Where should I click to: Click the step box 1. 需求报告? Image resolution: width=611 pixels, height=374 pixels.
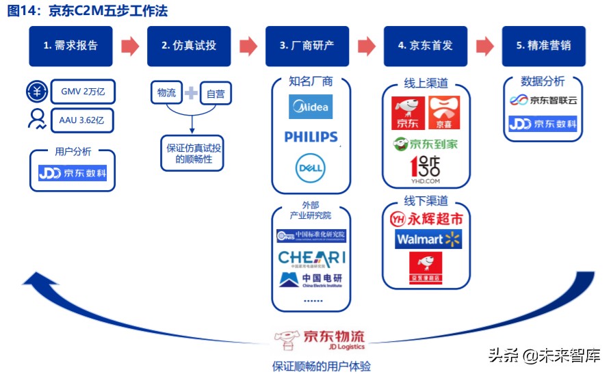(70, 46)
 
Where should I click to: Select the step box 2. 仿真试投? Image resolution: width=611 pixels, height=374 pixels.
(189, 46)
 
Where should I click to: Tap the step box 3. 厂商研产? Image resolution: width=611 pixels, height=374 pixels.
(307, 46)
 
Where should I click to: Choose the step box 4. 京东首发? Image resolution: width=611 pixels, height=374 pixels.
(425, 46)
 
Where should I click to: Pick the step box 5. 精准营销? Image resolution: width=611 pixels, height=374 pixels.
(543, 46)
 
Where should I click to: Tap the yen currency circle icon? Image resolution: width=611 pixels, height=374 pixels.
(36, 91)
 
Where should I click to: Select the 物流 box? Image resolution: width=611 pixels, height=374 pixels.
(166, 93)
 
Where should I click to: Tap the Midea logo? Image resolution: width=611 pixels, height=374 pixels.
(311, 107)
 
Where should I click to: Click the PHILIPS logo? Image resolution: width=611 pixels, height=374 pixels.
(311, 137)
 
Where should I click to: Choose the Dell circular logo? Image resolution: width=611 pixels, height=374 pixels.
(311, 168)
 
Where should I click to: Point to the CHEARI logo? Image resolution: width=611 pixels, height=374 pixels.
(311, 258)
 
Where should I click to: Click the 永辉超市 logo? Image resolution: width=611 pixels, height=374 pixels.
(426, 219)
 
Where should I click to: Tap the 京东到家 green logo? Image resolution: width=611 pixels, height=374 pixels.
(425, 144)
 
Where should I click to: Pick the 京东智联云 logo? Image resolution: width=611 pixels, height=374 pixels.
(543, 100)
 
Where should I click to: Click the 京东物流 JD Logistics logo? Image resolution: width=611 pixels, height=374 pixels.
(320, 337)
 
